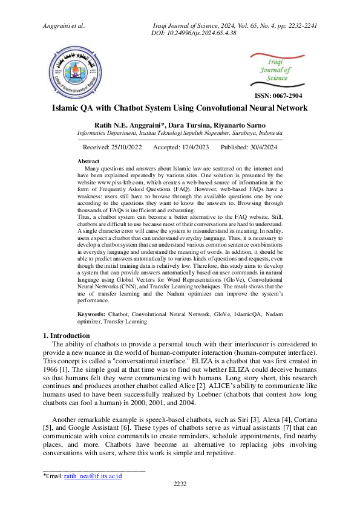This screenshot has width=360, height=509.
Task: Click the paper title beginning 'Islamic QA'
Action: [180, 108]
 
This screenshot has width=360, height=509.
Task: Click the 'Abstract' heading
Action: [89, 161]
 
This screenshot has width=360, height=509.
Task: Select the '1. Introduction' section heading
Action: [67, 336]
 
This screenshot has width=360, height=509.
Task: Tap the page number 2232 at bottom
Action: [180, 484]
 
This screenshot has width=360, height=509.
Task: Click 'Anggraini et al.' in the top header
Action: [64, 26]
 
